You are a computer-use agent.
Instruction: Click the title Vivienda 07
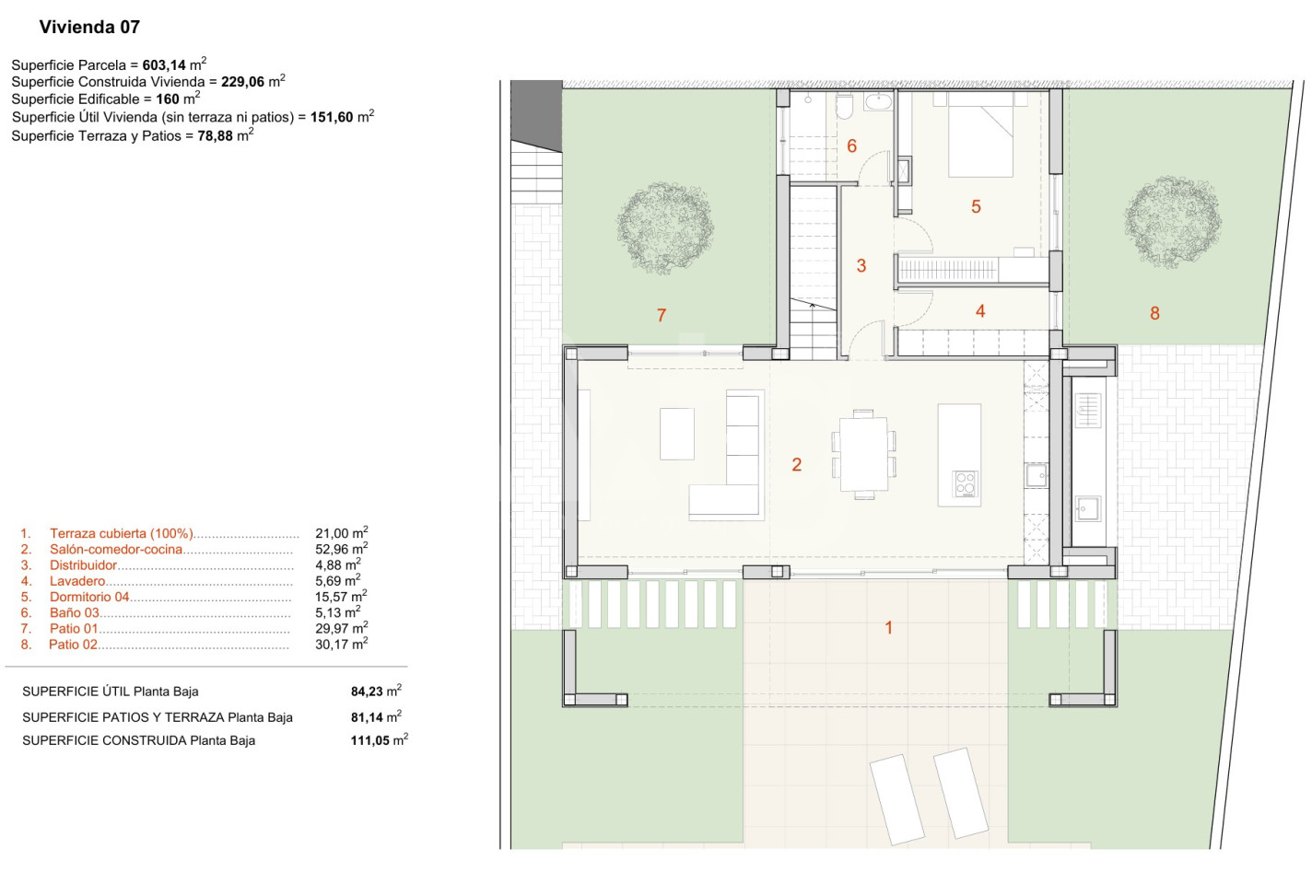point(89,27)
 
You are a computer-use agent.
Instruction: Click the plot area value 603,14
point(163,65)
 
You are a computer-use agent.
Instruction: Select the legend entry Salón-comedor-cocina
point(116,549)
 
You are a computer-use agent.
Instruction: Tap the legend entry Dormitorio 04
point(89,597)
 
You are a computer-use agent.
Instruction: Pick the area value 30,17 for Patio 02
point(332,645)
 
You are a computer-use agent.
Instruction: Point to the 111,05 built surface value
point(369,740)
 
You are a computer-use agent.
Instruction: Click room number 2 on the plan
point(797,464)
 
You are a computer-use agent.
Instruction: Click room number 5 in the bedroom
point(976,206)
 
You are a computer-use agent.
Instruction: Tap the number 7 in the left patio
point(662,316)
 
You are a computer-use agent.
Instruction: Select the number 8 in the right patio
point(1154,313)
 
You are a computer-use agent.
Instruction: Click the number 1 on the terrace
point(888,628)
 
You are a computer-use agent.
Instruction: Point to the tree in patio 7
point(665,227)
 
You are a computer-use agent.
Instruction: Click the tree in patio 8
point(1173,222)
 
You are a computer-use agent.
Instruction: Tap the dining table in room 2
point(863,454)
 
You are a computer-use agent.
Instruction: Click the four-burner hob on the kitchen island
point(965,484)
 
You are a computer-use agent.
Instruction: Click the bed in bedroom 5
point(980,134)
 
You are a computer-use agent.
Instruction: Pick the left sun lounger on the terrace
point(896,799)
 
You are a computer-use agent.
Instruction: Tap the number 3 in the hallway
point(861,265)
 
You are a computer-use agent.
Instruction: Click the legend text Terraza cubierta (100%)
point(122,533)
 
